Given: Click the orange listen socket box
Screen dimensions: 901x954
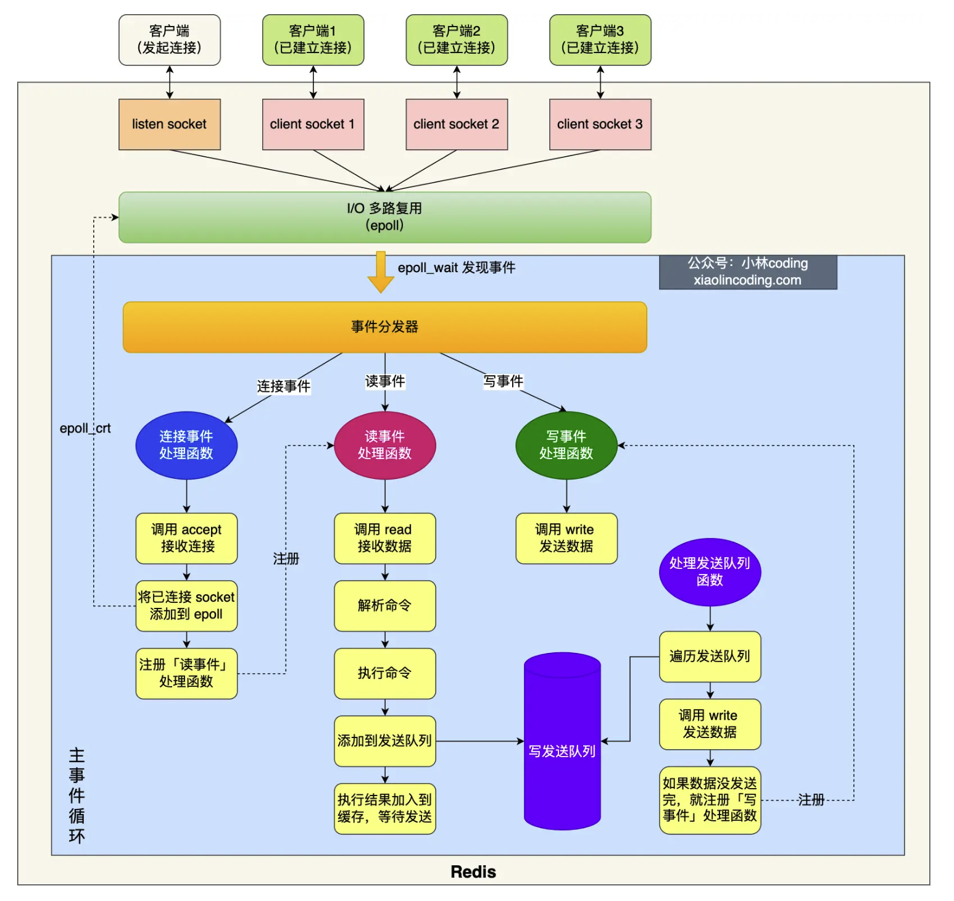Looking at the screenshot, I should pos(169,124).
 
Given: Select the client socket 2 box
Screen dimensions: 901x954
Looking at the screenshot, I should pos(456,124).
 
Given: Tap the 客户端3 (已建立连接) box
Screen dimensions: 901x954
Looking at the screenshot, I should pos(600,39).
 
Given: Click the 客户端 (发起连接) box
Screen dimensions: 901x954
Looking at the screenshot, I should pos(169,39).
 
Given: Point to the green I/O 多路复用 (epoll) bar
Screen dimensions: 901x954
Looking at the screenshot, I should pos(384,217).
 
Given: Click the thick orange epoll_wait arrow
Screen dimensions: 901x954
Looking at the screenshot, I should pos(381,272).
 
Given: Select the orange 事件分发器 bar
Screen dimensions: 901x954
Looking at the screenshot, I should pos(384,326).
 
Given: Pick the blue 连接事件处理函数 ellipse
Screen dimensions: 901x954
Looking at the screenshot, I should pos(186,445).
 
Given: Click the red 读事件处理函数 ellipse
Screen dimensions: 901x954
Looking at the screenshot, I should pos(384,445).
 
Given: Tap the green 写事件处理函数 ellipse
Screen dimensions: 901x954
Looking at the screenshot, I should pos(566,445).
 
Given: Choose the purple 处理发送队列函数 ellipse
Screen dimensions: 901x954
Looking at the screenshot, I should pos(710,571).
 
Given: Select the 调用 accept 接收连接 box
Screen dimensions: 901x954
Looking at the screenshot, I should pos(186,538).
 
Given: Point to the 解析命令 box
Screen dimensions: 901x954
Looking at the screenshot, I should pos(384,605).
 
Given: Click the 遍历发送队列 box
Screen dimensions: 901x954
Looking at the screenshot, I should pos(710,656).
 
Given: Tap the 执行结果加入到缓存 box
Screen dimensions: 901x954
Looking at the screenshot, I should pos(384,808).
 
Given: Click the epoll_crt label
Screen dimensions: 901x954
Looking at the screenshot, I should pos(85,428).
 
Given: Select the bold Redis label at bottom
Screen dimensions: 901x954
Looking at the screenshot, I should pos(473,871).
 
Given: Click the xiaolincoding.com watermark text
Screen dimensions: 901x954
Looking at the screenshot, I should pos(747,280).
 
